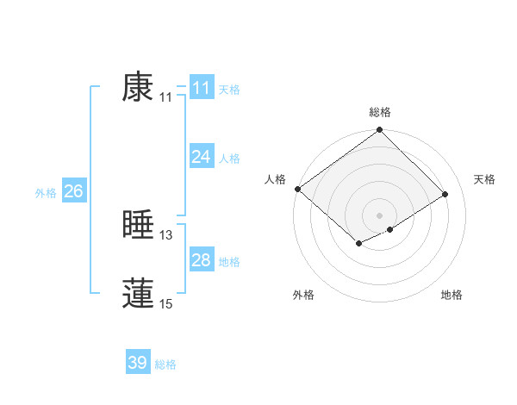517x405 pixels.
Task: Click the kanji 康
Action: (138, 87)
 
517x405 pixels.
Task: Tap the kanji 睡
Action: (138, 225)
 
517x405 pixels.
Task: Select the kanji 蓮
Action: (138, 293)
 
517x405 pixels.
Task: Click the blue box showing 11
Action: (202, 88)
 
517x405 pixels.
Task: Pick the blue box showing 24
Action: (202, 157)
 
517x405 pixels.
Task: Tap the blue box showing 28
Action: (202, 260)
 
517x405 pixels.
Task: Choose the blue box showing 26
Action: (73, 191)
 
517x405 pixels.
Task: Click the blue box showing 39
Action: (138, 363)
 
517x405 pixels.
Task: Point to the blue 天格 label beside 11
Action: (229, 90)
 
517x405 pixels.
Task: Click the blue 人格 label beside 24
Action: (229, 159)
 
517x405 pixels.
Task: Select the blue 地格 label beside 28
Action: (229, 262)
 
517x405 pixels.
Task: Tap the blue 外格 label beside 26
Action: (46, 193)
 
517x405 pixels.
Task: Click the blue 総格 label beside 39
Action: (165, 364)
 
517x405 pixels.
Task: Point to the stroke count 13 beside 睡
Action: (166, 235)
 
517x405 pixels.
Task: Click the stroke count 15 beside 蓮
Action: (166, 303)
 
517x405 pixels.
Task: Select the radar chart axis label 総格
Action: (380, 112)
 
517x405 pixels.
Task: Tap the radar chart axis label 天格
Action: (485, 179)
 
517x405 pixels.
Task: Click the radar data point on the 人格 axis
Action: (297, 189)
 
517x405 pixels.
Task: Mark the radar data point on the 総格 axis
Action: (380, 130)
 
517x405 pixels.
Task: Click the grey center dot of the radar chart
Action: (379, 215)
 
